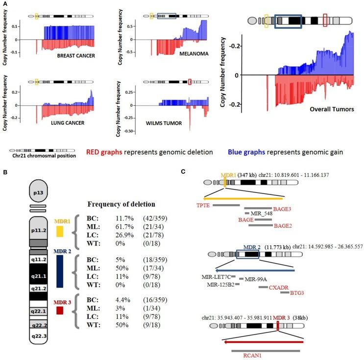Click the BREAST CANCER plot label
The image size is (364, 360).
click(76, 55)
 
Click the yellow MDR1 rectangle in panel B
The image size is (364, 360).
click(60, 232)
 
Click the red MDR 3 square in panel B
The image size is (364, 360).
click(60, 310)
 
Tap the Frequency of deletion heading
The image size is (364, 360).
click(128, 204)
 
